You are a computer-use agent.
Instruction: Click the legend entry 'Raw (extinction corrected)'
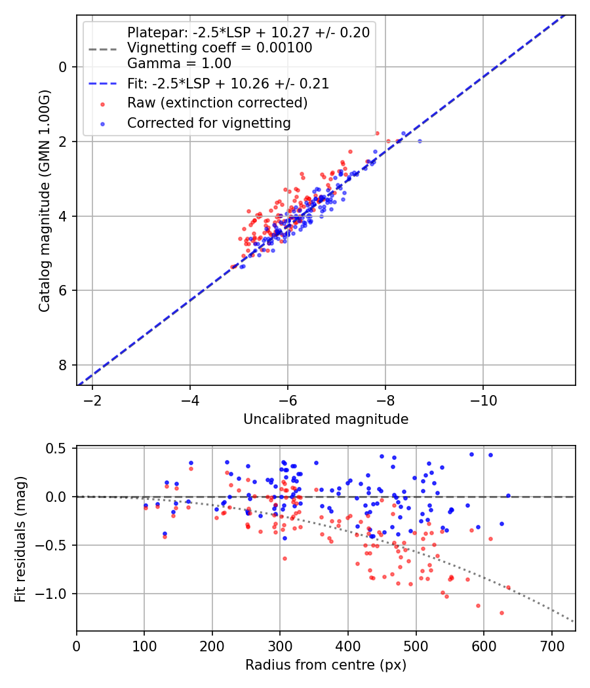point(217,103)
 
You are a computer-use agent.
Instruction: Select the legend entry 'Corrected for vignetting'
point(208,123)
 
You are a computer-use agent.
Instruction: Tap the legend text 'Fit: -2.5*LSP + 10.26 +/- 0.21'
point(228,84)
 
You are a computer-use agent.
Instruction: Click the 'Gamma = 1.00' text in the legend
point(179,64)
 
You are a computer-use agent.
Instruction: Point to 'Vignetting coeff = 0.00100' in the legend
point(220,48)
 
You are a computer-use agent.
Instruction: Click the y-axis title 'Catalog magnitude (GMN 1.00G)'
point(45,200)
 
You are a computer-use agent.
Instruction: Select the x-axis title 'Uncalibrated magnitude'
point(326,419)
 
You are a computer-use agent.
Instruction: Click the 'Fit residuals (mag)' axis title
point(20,539)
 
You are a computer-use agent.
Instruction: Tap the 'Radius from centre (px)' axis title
point(326,665)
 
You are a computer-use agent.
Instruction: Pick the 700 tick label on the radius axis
point(551,645)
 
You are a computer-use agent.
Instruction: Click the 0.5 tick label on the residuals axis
point(59,448)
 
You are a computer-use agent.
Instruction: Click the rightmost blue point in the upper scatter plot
point(420,141)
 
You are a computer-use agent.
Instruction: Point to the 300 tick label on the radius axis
point(280,645)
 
